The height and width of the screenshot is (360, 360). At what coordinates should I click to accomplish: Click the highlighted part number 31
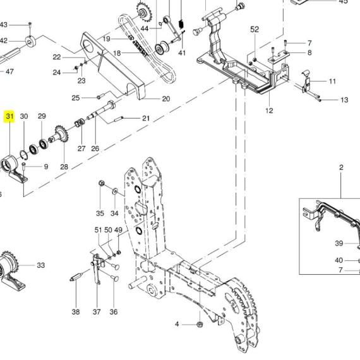(9, 116)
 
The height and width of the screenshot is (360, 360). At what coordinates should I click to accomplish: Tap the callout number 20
(166, 99)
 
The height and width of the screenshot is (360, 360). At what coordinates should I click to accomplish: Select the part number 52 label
(255, 30)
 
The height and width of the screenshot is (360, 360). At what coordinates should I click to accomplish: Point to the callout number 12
(269, 111)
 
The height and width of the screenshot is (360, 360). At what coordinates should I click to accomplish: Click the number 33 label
(41, 265)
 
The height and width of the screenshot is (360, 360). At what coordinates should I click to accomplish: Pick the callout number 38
(76, 312)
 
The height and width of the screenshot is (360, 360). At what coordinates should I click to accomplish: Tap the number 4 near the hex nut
(177, 324)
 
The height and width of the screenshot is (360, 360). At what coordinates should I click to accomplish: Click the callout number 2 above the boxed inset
(341, 167)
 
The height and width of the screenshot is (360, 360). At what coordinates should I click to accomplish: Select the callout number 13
(344, 100)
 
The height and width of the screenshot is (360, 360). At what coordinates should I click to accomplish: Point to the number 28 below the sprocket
(64, 167)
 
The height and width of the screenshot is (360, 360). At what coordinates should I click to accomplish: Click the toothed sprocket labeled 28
(62, 135)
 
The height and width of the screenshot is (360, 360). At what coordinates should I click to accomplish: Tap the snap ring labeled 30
(24, 154)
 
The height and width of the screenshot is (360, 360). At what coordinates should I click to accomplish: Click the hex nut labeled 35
(101, 183)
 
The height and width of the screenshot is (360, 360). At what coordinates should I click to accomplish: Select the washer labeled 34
(114, 191)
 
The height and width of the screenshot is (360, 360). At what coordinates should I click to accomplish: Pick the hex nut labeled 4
(200, 324)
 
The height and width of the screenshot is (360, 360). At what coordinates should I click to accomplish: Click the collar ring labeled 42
(31, 42)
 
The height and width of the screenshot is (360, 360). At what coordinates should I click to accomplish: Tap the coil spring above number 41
(181, 23)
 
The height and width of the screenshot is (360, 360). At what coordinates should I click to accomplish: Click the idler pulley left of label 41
(162, 47)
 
